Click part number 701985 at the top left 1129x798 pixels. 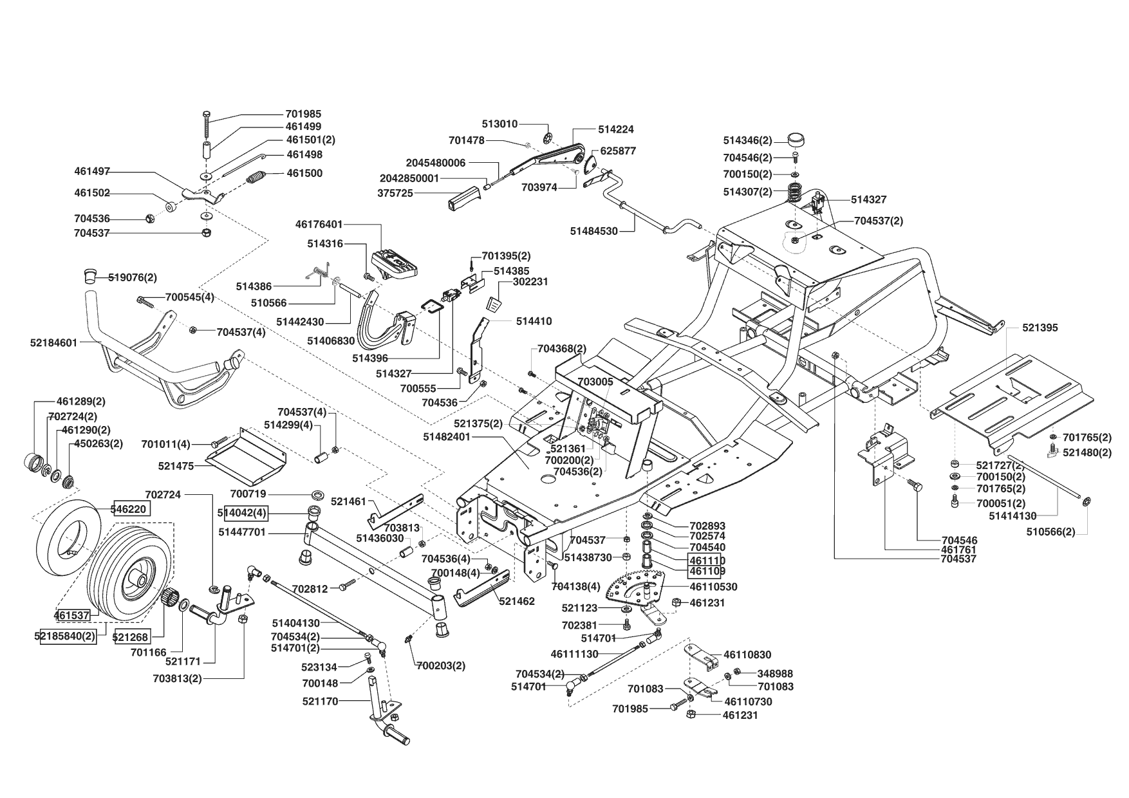[303, 114]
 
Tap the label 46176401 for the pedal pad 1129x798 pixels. [319, 225]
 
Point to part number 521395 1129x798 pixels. [1040, 328]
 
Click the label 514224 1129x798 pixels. [615, 129]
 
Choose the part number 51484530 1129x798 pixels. [593, 230]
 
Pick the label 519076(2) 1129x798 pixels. [133, 278]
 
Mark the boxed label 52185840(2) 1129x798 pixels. [65, 636]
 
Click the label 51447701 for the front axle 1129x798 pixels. [242, 533]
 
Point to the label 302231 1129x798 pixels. [530, 282]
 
